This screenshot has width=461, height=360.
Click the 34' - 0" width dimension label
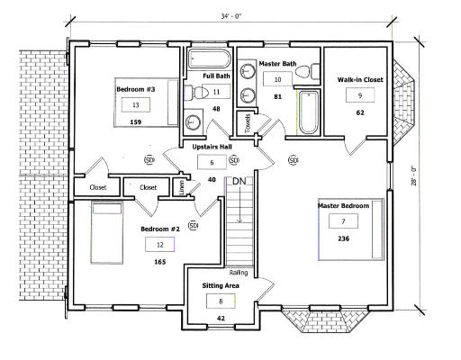[x=231, y=17]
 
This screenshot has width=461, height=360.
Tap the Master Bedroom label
[x=343, y=206]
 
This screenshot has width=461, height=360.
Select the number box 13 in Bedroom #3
[x=136, y=105]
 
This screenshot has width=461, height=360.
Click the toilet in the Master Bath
[x=307, y=72]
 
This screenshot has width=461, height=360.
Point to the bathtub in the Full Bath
[x=209, y=59]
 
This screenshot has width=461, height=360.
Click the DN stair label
[x=240, y=181]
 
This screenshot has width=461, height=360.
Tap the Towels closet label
[x=248, y=123]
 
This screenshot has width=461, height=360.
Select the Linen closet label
[x=182, y=187]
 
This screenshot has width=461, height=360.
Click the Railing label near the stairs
[x=239, y=273]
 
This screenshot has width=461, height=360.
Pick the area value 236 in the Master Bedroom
[x=343, y=238]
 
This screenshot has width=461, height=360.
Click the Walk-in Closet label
[x=360, y=80]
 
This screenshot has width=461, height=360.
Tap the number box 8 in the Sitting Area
[x=221, y=301]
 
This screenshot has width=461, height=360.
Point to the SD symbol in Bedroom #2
[x=193, y=225]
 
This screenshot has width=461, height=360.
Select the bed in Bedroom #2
[x=107, y=233]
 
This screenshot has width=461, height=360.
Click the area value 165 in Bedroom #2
[x=160, y=262]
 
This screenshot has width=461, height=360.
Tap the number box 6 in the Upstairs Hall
[x=212, y=162]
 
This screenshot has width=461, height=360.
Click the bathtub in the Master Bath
[x=308, y=112]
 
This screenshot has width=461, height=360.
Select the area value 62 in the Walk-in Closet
[x=360, y=112]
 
